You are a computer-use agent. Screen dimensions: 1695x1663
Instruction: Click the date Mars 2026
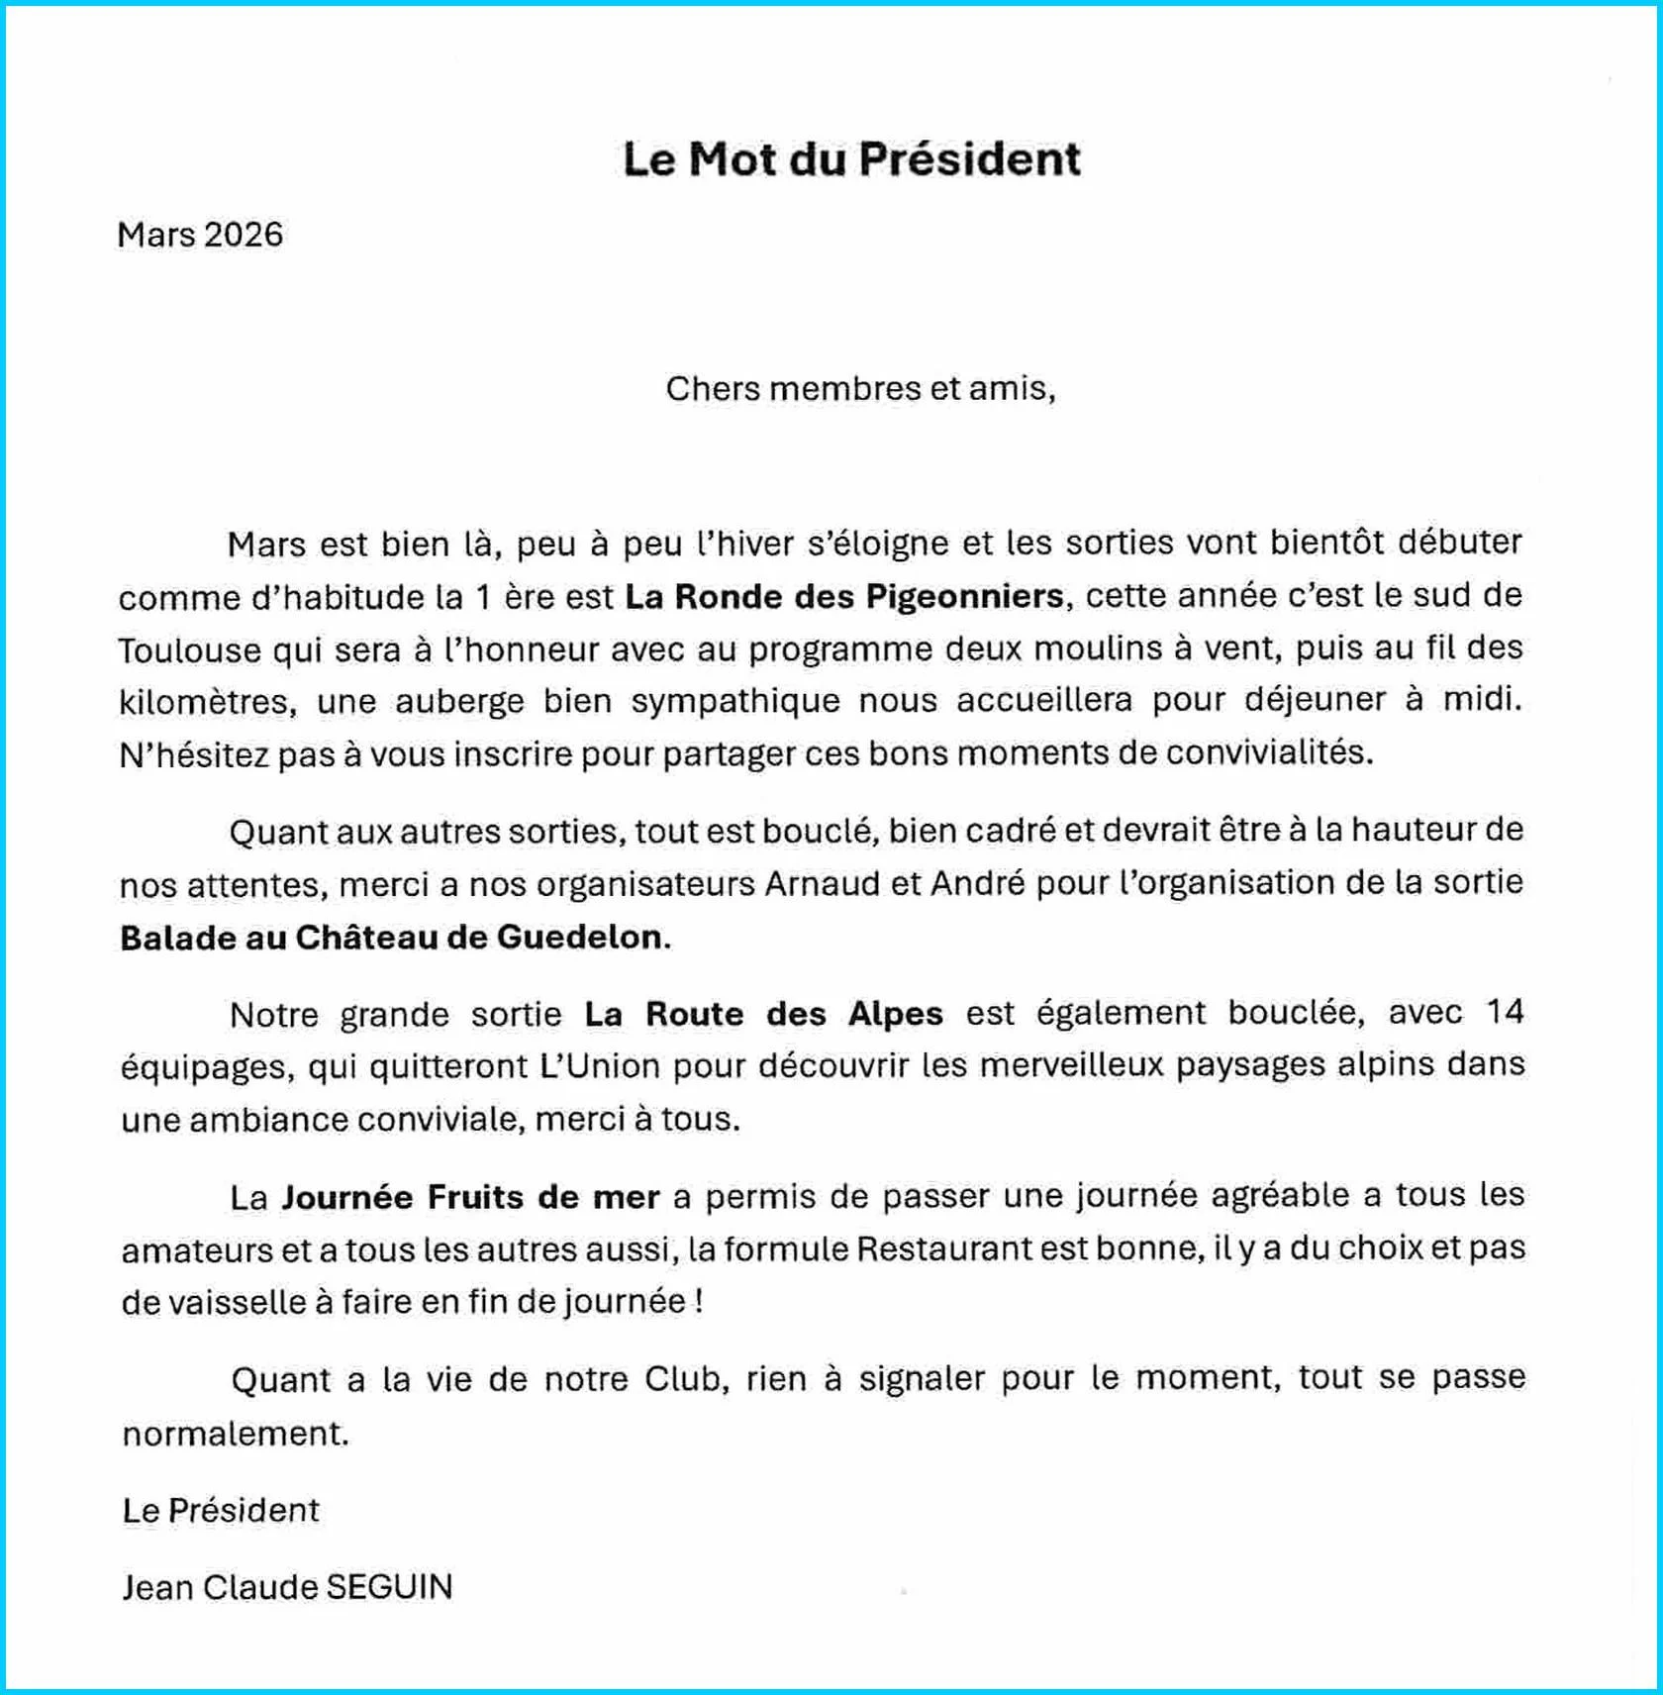point(200,236)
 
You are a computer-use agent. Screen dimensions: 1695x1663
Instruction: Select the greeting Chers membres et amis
point(860,389)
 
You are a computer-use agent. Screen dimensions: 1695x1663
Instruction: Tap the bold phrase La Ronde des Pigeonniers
point(844,597)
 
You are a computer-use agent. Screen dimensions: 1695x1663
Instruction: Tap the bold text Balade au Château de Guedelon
point(394,938)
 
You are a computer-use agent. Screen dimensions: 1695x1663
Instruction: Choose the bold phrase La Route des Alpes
point(763,1015)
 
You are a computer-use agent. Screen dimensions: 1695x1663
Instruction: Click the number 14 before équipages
point(1504,1012)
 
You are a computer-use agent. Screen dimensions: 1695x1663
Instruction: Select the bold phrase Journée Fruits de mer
point(470,1198)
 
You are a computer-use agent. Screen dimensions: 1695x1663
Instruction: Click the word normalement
point(236,1434)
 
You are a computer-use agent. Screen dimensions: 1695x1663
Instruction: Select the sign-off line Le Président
point(221,1511)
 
